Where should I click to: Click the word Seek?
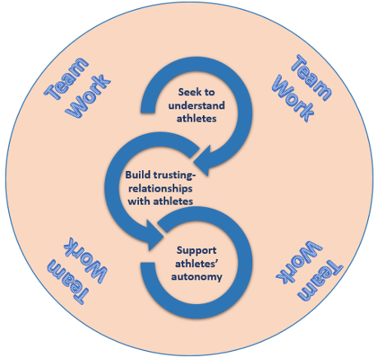point(189,92)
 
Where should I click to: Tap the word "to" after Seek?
point(209,92)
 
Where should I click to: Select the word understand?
point(196,105)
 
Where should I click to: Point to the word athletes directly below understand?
point(196,118)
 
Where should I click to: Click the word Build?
point(137,175)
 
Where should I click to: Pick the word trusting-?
point(173,176)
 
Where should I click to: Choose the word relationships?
point(160,189)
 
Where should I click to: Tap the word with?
point(139,201)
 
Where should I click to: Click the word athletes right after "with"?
point(173,201)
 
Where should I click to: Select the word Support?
point(196,251)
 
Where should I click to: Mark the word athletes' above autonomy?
point(196,264)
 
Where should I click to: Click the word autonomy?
point(196,277)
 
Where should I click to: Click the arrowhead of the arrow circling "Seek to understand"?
point(204,161)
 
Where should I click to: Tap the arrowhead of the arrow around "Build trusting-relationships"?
point(154,235)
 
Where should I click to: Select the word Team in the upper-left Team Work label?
point(67,79)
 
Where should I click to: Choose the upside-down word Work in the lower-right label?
point(299,261)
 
